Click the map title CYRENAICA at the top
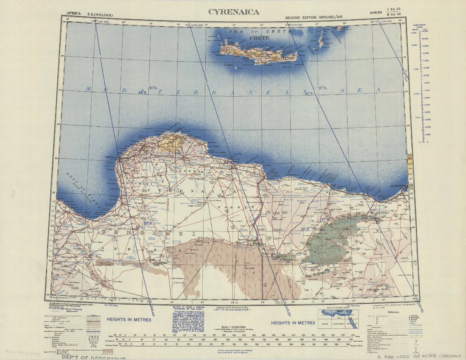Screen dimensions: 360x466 234,12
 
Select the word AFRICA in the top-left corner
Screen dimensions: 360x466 73,13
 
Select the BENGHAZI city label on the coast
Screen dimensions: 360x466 113,157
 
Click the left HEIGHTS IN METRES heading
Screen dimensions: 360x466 125,319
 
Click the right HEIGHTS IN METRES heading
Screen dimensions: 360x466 293,323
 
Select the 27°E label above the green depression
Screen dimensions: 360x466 325,219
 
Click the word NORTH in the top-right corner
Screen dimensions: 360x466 376,13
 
